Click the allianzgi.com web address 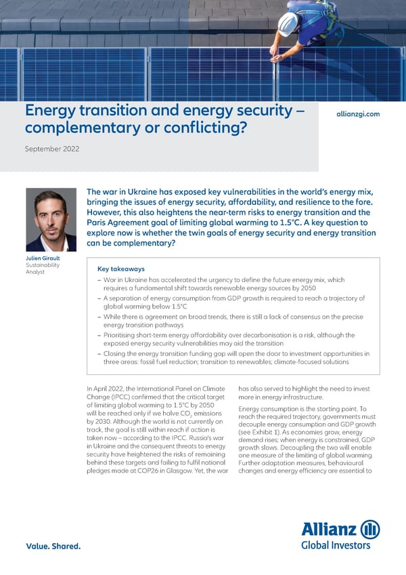[358, 114]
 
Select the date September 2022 [52, 148]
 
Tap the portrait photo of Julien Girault [51, 220]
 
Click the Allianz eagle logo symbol [370, 530]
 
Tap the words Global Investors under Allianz [336, 544]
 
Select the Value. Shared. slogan [53, 546]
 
